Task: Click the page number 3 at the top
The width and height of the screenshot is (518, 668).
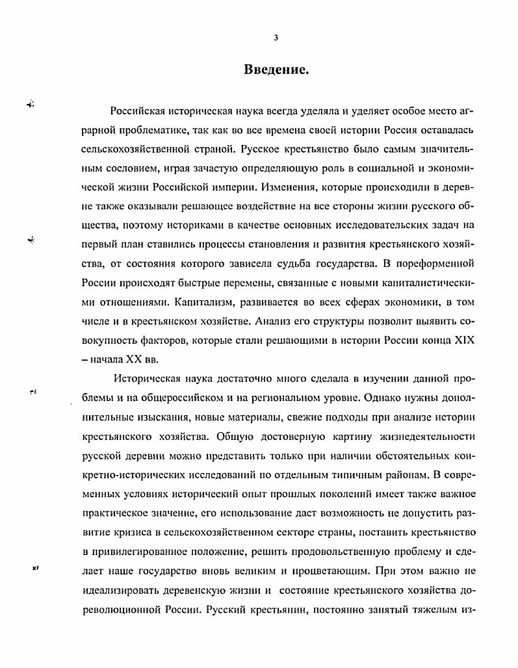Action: (276, 38)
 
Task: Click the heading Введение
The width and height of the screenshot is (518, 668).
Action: (276, 70)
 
